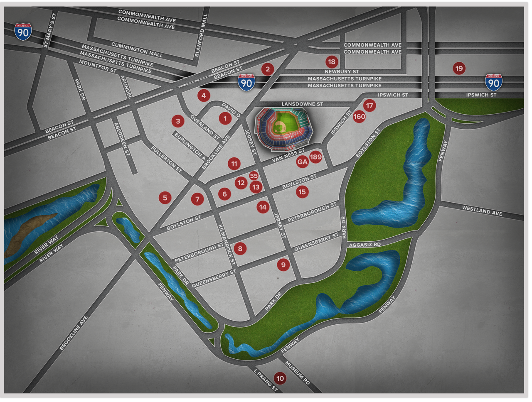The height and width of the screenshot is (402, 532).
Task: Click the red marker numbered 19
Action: [x=459, y=69]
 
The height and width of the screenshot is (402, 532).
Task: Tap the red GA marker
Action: [x=302, y=162]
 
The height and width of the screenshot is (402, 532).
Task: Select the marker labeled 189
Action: [x=316, y=157]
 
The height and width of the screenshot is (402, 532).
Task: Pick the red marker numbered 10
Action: [x=280, y=378]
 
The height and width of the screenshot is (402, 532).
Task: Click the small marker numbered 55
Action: [x=254, y=176]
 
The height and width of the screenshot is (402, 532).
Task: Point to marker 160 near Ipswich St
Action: [x=359, y=117]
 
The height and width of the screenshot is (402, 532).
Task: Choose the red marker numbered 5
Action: [x=165, y=198]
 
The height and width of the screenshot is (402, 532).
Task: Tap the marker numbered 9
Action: [x=283, y=265]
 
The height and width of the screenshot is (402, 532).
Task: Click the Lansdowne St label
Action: [x=302, y=104]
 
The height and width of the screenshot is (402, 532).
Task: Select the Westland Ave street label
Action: [x=482, y=211]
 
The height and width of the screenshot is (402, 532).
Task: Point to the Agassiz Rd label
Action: [x=365, y=245]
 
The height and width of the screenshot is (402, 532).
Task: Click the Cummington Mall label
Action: [x=137, y=50]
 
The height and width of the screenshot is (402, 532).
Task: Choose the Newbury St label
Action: [x=342, y=71]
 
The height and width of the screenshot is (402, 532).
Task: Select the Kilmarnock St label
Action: [x=227, y=245]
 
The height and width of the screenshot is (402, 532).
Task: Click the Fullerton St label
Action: [x=166, y=159]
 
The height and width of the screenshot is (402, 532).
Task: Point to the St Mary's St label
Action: [x=50, y=30]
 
